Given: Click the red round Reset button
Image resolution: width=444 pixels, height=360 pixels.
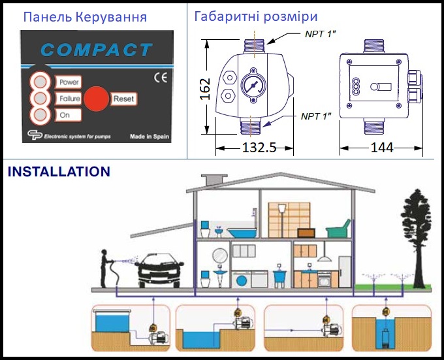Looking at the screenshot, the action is pos(97,99).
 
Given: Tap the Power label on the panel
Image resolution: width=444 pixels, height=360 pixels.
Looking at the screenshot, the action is pos(69,82).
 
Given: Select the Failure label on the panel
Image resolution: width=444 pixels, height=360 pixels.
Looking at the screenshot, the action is pos(69,99).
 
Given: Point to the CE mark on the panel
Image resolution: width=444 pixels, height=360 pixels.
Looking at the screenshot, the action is pos(161,78).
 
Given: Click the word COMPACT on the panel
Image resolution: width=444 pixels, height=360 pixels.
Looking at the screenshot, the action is pos(97,50).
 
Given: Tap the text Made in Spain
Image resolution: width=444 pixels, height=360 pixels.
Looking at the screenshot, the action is pos(150,137).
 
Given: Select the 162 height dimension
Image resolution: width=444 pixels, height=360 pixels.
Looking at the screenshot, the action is pos(205,89).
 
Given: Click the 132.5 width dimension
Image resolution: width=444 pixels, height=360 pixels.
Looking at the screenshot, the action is pos(259,147).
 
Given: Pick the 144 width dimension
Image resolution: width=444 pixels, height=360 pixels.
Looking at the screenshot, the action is pos(382,148).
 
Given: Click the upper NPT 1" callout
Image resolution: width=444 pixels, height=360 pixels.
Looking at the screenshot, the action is pos(320,34).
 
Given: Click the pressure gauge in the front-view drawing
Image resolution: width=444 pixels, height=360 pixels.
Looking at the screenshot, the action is pos(253,85).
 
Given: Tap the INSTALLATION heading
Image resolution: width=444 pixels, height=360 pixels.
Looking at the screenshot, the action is pos(59,172).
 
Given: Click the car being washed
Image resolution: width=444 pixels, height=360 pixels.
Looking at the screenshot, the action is pos(160,270).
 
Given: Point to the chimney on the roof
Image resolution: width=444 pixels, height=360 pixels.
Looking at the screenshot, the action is pos(214,180).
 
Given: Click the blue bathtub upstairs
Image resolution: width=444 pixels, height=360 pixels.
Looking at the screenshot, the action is pos(243,233).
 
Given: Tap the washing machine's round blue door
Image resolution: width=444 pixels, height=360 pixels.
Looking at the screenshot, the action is pos(241,281).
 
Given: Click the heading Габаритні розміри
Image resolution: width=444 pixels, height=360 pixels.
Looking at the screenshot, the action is pos(256,16).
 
